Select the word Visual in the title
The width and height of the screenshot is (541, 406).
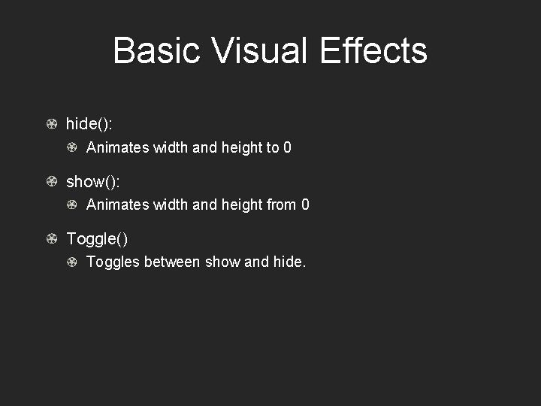point(260,51)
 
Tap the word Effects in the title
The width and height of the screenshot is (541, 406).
point(373,51)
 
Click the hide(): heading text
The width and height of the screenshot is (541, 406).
point(89,124)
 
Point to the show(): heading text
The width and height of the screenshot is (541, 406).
point(93,182)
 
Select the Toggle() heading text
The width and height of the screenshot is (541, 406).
point(97,239)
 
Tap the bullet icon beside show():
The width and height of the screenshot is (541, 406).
point(51,182)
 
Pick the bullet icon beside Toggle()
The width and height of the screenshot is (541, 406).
point(51,239)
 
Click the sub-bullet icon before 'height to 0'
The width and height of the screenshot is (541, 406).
point(72,147)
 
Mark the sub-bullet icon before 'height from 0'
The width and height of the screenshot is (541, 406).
point(72,205)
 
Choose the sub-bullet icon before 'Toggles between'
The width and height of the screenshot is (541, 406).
point(72,262)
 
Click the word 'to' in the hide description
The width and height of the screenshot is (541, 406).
point(272,147)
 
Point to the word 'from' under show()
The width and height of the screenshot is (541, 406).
point(281,205)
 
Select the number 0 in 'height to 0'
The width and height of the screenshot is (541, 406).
point(287,147)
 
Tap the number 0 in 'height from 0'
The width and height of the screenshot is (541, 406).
point(305,205)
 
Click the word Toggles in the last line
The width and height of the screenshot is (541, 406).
point(113,262)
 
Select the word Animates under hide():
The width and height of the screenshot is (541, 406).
point(118,147)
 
